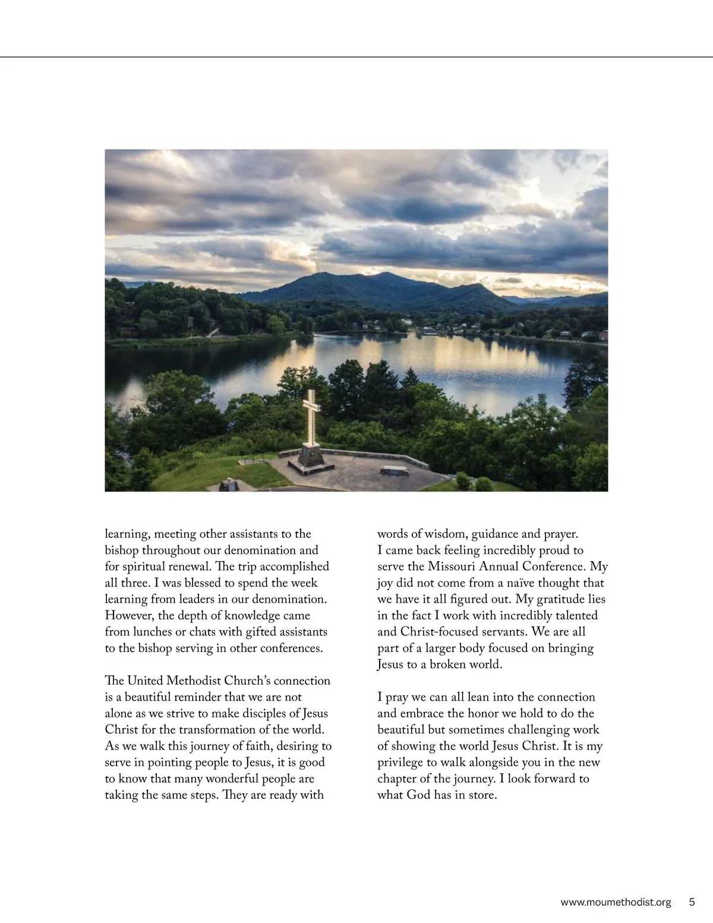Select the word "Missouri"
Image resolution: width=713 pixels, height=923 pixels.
pyautogui.click(x=454, y=567)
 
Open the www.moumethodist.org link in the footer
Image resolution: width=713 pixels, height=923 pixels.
pyautogui.click(x=616, y=902)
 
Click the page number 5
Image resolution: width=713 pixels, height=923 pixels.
pyautogui.click(x=692, y=902)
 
